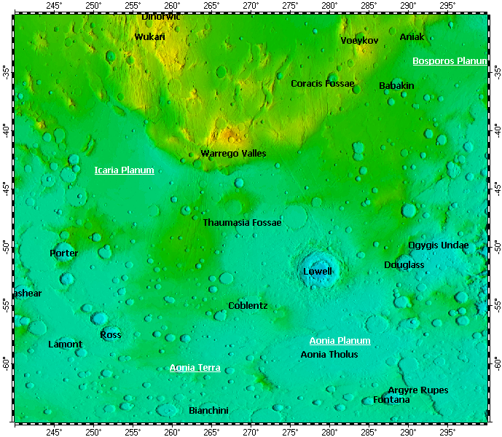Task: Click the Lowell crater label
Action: tap(317, 272)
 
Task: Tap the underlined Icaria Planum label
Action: tap(124, 170)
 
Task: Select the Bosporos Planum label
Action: tap(450, 61)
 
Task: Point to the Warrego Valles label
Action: tap(233, 154)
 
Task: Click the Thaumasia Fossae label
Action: tap(242, 222)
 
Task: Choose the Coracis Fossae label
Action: tap(323, 84)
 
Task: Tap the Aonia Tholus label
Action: tap(329, 355)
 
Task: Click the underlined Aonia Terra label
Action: tap(195, 368)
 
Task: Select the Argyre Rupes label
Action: tap(417, 390)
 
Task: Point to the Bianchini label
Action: tap(208, 411)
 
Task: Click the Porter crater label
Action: tap(63, 253)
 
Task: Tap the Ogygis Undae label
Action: tap(438, 245)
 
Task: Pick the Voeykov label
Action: tap(359, 41)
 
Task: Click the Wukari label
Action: tap(149, 36)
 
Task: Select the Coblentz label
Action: tap(248, 306)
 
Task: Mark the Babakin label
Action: tap(396, 86)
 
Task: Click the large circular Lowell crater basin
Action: tap(318, 268)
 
